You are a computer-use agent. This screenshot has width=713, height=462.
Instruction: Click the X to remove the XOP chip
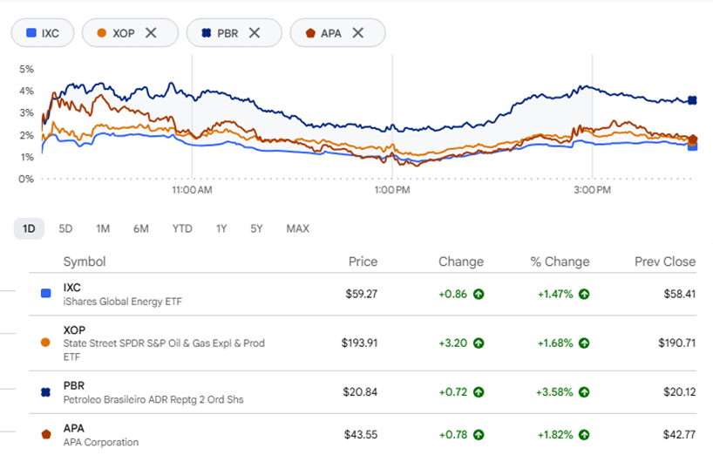pos(151,33)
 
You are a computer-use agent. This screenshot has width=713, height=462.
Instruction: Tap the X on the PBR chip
pos(255,33)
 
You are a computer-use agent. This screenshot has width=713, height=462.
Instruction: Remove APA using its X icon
pos(358,33)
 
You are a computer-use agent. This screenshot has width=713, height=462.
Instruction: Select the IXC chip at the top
pos(43,33)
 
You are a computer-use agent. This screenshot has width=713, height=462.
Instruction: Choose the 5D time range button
pos(65,228)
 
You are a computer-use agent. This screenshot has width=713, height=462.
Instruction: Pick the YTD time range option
pos(182,228)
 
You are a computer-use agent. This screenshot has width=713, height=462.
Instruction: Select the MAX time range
pos(298,228)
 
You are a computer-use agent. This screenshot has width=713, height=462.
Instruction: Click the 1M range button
pos(103,228)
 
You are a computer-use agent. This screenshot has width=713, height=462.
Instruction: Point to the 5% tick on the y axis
pos(26,69)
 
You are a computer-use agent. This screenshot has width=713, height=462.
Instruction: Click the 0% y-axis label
pos(26,179)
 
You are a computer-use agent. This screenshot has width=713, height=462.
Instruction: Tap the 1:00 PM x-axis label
pos(392,190)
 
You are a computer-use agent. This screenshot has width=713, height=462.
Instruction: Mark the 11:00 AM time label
pos(192,190)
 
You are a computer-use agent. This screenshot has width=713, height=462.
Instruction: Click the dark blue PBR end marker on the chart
pos(692,100)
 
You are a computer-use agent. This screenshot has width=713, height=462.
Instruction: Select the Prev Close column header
pos(665,262)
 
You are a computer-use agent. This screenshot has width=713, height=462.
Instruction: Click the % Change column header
pos(560,262)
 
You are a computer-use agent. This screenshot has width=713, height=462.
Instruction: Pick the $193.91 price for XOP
pos(360,343)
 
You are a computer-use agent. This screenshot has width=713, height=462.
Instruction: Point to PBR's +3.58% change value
pos(554,392)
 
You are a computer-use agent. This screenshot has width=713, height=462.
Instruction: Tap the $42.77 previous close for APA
pos(679,435)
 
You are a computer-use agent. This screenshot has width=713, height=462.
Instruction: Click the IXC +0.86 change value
pos(453,295)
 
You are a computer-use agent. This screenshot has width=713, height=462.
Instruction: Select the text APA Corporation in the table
pos(101,442)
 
